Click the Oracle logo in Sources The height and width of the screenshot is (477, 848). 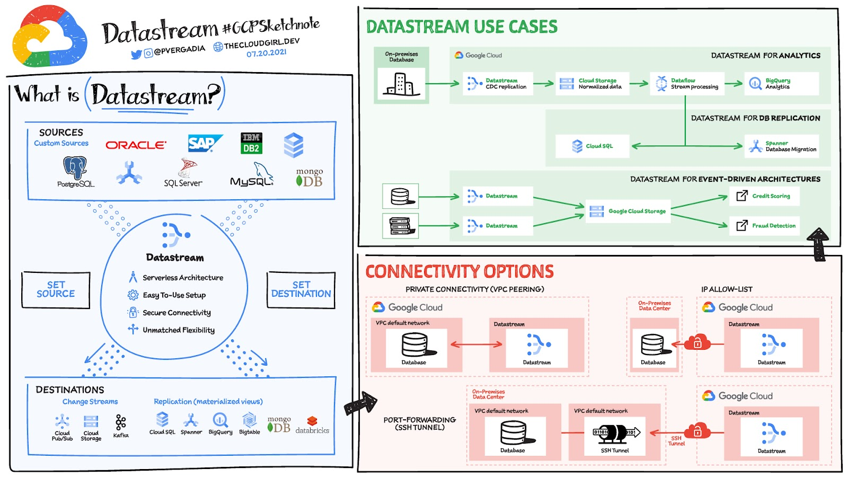[136, 145]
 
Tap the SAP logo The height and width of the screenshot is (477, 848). [205, 143]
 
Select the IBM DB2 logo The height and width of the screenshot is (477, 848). [251, 143]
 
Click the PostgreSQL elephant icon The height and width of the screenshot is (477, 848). [75, 168]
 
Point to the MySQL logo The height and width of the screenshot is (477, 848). [253, 176]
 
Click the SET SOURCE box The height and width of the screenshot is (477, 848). [56, 289]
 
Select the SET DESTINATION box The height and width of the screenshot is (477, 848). [301, 289]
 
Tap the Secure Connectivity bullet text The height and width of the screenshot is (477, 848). [176, 313]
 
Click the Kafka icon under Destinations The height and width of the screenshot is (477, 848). [121, 422]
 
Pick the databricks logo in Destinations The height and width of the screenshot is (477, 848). [312, 426]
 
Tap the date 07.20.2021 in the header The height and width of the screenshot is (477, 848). [266, 53]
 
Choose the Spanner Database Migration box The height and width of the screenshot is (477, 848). [782, 146]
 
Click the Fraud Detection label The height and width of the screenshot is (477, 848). [774, 226]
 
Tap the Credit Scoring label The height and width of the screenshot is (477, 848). [771, 196]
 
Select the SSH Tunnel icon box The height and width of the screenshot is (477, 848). [615, 436]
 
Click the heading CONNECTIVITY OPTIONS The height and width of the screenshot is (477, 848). [460, 272]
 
